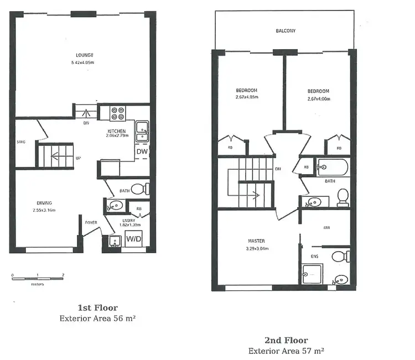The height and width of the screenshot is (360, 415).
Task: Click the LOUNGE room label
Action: (85, 55)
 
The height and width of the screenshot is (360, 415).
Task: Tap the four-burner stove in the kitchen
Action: (117, 113)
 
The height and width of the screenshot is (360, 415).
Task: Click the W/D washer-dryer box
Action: (133, 239)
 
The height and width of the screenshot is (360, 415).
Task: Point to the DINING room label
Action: (44, 203)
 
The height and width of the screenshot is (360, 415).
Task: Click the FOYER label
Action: (91, 223)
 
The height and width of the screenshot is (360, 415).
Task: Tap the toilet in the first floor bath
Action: (142, 189)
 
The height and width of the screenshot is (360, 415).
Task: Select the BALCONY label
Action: (286, 31)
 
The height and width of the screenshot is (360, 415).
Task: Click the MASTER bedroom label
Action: (256, 241)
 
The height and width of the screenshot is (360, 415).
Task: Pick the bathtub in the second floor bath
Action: (332, 166)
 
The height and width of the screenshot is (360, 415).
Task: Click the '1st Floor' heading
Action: (97, 308)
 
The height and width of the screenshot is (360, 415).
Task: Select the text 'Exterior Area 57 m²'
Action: (286, 351)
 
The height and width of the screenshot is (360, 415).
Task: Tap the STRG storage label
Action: (21, 142)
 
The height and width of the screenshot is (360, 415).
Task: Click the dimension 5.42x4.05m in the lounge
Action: (85, 63)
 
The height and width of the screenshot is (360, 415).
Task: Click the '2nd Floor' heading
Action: (286, 340)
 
